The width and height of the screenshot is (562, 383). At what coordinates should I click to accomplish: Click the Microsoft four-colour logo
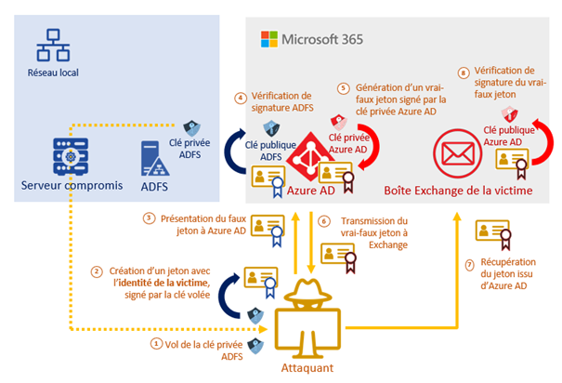pos(269,39)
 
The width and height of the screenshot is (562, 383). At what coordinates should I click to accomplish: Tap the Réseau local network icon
pos(53,45)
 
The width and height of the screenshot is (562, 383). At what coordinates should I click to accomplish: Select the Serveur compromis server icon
pos(71,156)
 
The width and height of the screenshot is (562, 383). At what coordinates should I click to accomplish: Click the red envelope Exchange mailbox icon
pos(457,153)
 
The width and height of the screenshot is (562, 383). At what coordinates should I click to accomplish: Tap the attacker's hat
pos(307,290)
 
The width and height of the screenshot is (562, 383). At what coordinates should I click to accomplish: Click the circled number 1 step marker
pos(156,344)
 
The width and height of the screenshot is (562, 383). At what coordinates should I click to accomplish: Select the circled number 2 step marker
pos(97,271)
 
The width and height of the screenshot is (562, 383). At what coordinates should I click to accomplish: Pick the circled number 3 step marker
pos(149,218)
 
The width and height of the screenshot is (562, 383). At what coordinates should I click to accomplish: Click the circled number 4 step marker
pos(241,98)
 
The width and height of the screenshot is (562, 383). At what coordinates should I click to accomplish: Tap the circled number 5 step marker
pos(344,88)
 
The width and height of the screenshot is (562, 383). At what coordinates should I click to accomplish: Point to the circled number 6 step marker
pos(323,221)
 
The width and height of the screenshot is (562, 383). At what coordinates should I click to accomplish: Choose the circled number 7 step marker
pos(469,265)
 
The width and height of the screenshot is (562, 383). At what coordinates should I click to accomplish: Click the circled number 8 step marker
pos(464,73)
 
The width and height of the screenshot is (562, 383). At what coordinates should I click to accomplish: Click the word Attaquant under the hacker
pos(307,368)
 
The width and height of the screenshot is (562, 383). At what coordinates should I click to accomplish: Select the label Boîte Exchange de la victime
pos(458,190)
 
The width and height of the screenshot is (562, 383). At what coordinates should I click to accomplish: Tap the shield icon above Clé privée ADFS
pos(191,128)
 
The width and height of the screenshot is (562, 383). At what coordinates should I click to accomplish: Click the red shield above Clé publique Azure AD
pos(509,114)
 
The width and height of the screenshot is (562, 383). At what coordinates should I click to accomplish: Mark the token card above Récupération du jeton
pos(493,234)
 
